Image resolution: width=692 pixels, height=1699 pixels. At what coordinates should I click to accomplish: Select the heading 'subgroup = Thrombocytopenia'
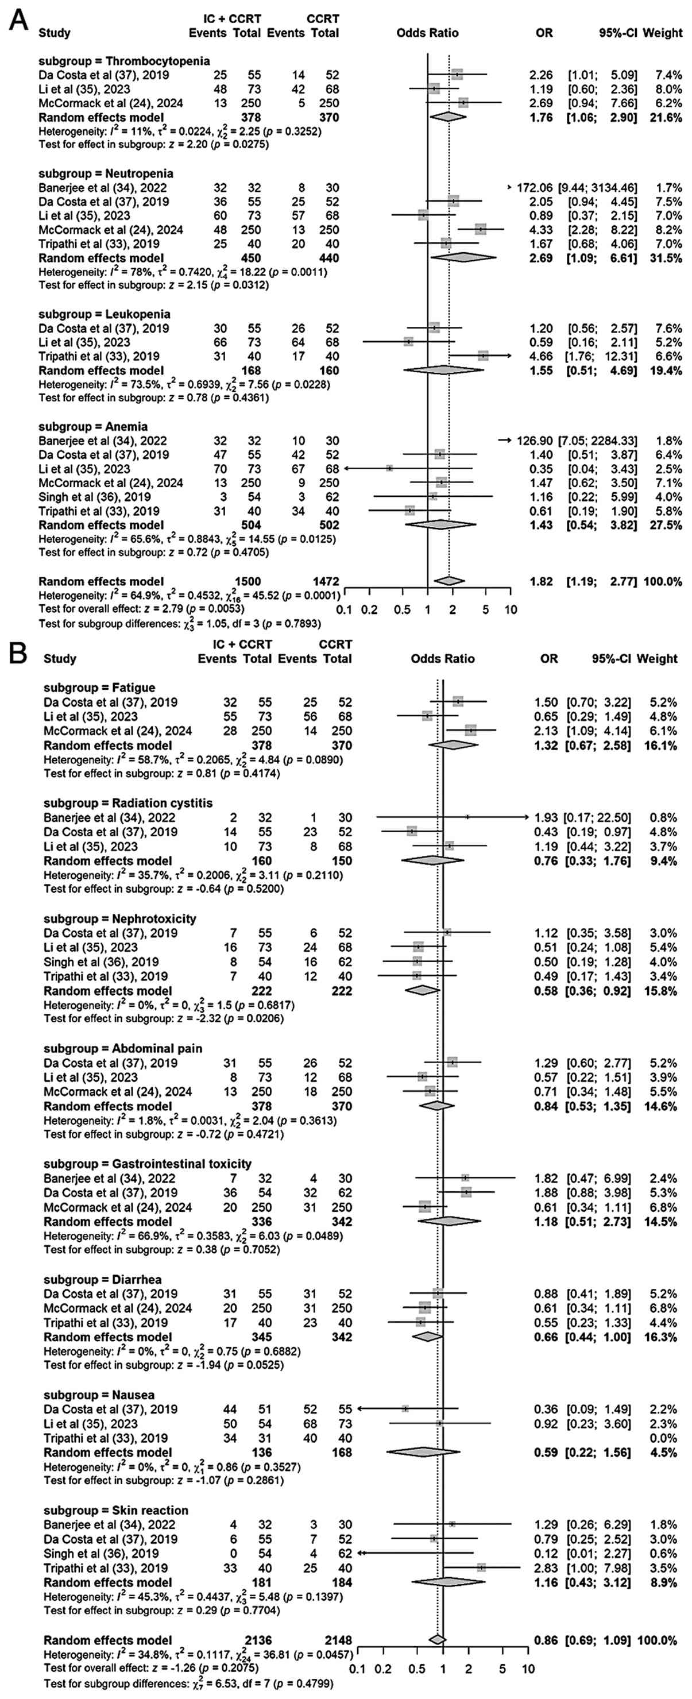(x=124, y=61)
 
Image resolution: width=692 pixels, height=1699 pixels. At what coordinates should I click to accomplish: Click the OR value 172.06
(x=534, y=187)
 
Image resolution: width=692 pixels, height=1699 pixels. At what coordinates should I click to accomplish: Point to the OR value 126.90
(x=534, y=441)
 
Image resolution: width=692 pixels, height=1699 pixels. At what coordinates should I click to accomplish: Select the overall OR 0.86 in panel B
(x=546, y=1640)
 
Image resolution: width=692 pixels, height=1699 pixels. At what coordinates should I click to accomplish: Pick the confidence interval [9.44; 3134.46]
(x=598, y=187)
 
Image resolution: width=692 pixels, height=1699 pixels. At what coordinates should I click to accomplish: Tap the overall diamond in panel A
(x=449, y=581)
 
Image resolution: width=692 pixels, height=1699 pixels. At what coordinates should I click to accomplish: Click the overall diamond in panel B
(x=436, y=1640)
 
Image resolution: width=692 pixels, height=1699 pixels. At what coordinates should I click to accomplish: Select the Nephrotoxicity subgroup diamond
(x=422, y=990)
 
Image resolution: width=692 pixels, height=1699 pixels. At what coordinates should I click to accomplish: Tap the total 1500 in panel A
(x=248, y=581)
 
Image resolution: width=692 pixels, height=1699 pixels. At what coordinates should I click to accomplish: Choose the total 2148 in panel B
(x=337, y=1640)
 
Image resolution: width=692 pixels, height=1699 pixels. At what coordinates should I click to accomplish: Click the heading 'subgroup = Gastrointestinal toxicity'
(x=147, y=1164)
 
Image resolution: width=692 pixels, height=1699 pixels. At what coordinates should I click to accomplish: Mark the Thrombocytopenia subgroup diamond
(x=447, y=117)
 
